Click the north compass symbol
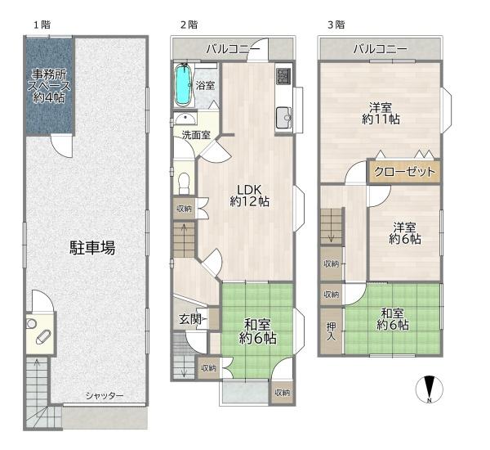pos(430,389)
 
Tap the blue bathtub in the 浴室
pos(183,84)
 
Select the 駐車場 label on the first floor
pos(92,247)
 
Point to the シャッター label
pos(105,396)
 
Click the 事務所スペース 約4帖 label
pos(49,86)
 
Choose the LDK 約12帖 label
pos(249,196)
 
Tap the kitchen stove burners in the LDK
pos(283,76)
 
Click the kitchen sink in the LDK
pos(283,118)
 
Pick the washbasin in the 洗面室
pos(185,119)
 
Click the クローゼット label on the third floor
pos(404,172)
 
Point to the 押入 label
pos(331,331)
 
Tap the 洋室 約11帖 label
pos(381,113)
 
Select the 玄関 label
pos(189,319)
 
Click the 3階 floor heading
pos(336,25)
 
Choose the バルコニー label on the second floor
pos(233,49)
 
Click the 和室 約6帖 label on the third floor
pos(393,319)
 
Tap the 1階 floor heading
pos(42,25)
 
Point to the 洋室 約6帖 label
pos(405,232)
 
